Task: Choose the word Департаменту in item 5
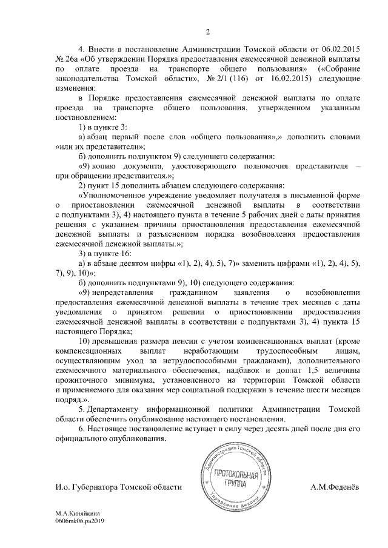121,409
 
